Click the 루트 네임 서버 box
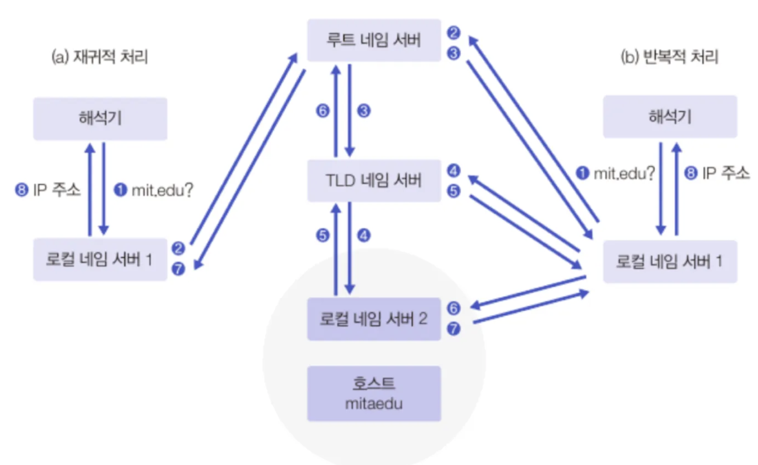click(374, 40)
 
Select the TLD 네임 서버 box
click(374, 180)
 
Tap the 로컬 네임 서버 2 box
click(374, 319)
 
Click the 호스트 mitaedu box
click(374, 394)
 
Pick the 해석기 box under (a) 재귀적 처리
click(100, 119)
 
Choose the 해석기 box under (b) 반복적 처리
click(670, 116)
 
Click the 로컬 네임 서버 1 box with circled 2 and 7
click(100, 259)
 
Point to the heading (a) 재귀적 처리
click(99, 57)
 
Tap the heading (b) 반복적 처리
click(669, 57)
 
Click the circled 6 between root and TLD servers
click(322, 111)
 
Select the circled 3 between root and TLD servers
click(364, 111)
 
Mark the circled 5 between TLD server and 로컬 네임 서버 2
click(322, 235)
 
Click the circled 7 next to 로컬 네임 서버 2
click(453, 329)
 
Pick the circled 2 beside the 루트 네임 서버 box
click(453, 33)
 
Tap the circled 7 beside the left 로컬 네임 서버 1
click(178, 269)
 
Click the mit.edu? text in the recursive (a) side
click(162, 190)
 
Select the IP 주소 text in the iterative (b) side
click(725, 173)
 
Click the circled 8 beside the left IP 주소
click(21, 190)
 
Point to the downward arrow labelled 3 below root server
click(350, 110)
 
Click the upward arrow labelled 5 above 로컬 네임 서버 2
click(335, 250)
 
